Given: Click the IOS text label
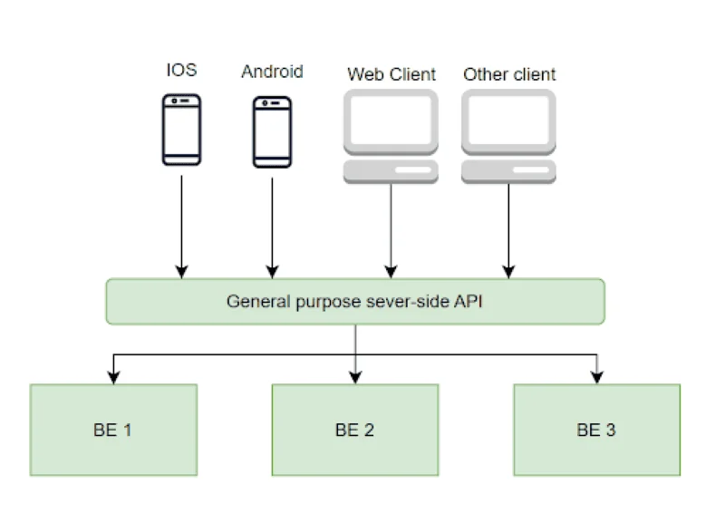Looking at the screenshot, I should (181, 71).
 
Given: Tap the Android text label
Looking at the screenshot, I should (272, 71).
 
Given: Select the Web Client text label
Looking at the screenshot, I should (391, 74).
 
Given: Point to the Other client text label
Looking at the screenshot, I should (509, 74).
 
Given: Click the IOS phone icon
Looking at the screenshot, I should (181, 131).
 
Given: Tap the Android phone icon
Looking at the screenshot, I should (272, 131).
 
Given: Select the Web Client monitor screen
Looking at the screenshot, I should (391, 121).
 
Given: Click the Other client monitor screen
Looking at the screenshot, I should (509, 121).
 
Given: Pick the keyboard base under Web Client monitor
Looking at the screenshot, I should (391, 170).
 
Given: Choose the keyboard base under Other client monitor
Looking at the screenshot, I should (509, 170).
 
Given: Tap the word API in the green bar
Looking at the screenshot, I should (470, 301).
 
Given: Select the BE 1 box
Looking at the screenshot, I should (113, 430).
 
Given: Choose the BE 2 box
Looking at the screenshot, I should (355, 430).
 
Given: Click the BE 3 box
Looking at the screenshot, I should (596, 430).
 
